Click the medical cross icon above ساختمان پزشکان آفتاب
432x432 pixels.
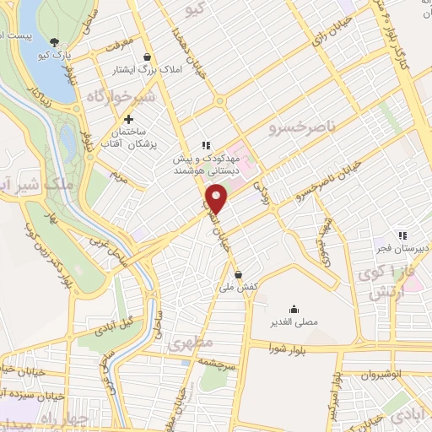pos(128,119)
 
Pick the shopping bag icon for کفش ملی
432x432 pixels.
pos(239,274)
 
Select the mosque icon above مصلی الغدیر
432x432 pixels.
pos(294,307)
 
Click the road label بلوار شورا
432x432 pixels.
pos(296,345)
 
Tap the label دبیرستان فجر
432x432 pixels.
pos(403,248)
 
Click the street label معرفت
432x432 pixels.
pos(117,40)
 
